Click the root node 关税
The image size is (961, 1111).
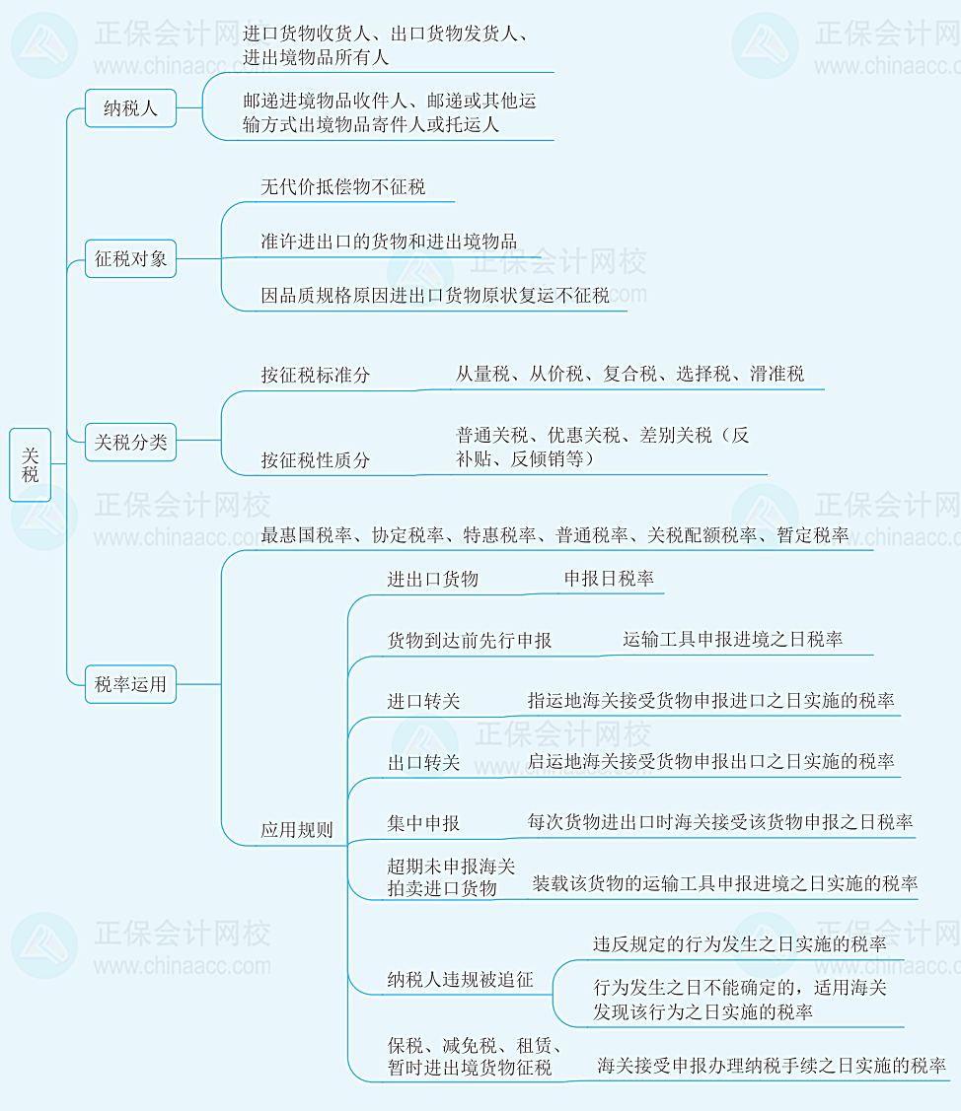pyautogui.click(x=31, y=464)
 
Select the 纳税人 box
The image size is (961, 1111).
pyautogui.click(x=130, y=108)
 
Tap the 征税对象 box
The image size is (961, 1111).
pyautogui.click(x=130, y=260)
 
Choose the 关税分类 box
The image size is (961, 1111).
pyautogui.click(x=130, y=443)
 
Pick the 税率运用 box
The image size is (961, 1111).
pyautogui.click(x=130, y=683)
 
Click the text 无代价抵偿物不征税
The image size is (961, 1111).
pyautogui.click(x=342, y=186)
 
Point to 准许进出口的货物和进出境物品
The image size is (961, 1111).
pyautogui.click(x=389, y=242)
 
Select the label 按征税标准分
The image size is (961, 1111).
pyautogui.click(x=316, y=376)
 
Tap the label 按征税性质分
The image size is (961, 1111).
pyautogui.click(x=316, y=460)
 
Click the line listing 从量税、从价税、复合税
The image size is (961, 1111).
pyautogui.click(x=629, y=374)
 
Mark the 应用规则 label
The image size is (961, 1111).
pyautogui.click(x=296, y=830)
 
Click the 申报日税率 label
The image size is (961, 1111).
pyautogui.click(x=609, y=579)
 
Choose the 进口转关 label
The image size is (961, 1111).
pyautogui.click(x=423, y=702)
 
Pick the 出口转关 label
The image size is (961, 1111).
pyautogui.click(x=423, y=762)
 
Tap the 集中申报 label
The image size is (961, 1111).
pyautogui.click(x=423, y=823)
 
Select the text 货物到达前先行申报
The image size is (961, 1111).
pyautogui.click(x=470, y=640)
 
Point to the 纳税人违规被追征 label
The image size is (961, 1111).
pyautogui.click(x=460, y=979)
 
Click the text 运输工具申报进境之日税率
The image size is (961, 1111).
pyautogui.click(x=733, y=639)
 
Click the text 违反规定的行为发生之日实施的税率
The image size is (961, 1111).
pyautogui.click(x=739, y=943)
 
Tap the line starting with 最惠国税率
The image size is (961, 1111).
pyautogui.click(x=554, y=535)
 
